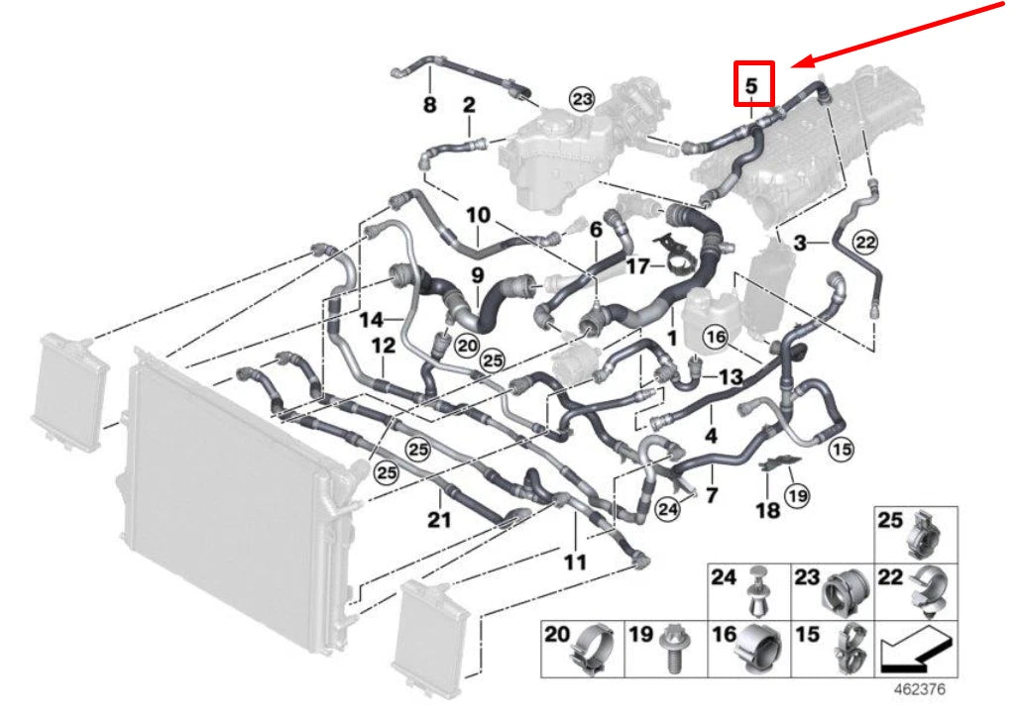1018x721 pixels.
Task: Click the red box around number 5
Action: click(x=752, y=84)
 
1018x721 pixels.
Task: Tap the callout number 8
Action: click(x=429, y=106)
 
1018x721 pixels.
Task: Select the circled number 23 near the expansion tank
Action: click(x=581, y=97)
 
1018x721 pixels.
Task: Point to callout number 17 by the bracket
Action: click(x=637, y=266)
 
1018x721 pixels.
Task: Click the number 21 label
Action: click(x=439, y=520)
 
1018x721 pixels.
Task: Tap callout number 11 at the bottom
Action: click(x=575, y=563)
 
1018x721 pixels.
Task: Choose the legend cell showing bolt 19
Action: click(x=666, y=649)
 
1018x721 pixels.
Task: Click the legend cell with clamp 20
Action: click(x=582, y=649)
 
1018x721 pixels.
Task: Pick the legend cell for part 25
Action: click(x=916, y=536)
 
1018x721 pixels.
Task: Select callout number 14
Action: click(x=371, y=320)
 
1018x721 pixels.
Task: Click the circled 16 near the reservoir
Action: click(x=717, y=337)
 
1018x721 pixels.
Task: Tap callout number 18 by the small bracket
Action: click(x=768, y=510)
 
